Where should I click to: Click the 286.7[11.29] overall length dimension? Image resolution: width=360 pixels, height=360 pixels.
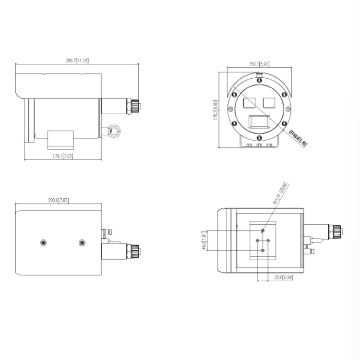click(77, 60)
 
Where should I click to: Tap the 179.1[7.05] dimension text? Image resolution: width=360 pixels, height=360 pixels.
click(62, 156)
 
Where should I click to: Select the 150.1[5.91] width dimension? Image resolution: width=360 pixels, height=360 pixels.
click(259, 63)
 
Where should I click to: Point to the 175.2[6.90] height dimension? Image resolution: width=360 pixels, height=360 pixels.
click(216, 110)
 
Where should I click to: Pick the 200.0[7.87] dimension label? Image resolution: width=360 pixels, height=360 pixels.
click(59, 200)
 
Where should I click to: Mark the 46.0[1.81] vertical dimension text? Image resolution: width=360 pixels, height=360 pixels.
click(204, 241)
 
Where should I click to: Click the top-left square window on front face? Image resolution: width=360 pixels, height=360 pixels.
click(249, 102)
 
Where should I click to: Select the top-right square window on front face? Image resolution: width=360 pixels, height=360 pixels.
click(269, 102)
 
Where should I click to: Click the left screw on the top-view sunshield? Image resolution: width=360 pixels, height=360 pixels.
click(44, 242)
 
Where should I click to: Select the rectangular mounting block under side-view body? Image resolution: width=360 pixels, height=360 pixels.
click(60, 139)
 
